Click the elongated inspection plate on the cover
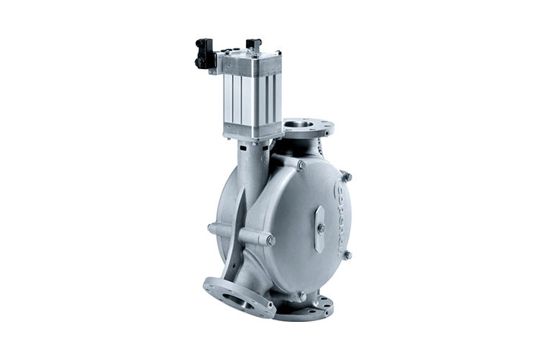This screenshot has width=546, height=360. pos(320,228)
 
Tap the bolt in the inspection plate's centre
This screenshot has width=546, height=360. pos(321,228)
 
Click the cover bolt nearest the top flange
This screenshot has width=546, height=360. pos(301,165)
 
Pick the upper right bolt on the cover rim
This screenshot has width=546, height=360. pos(346,177)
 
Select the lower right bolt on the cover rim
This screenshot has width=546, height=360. pos(347,255)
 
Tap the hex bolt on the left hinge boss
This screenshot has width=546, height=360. pos(270,240)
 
